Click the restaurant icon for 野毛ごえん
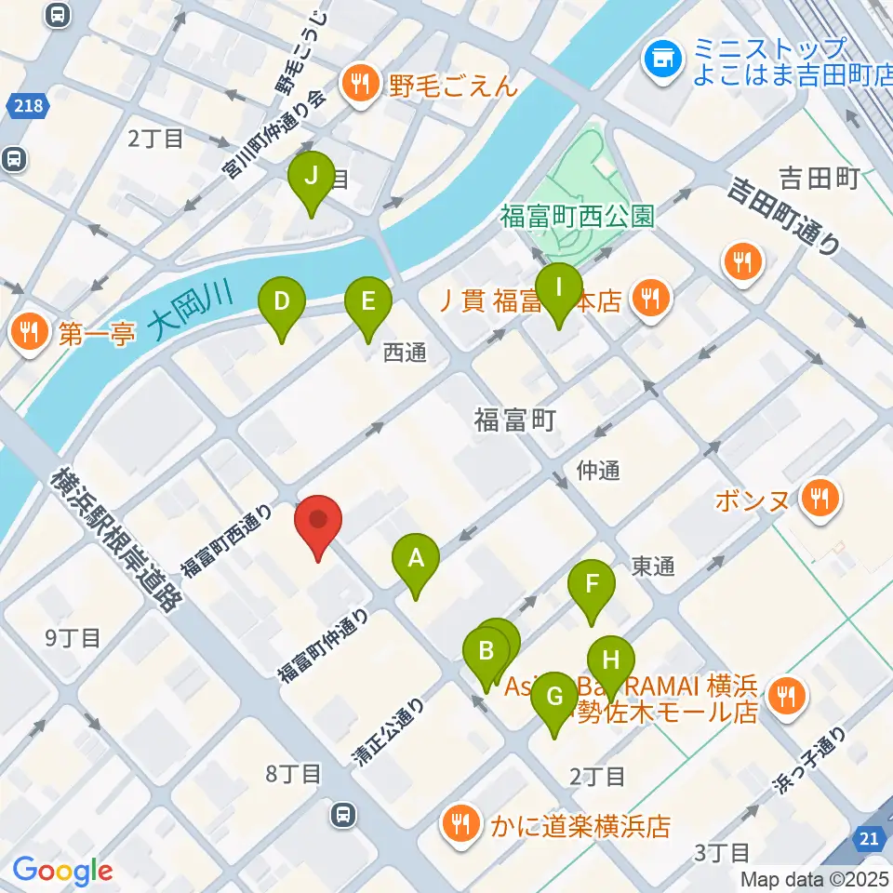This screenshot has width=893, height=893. (x=356, y=86)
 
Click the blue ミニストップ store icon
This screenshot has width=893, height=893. (x=662, y=61)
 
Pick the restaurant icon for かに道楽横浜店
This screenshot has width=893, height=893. (x=460, y=822)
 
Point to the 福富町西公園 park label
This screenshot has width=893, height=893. (x=577, y=217)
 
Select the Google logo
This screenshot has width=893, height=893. (x=62, y=871)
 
